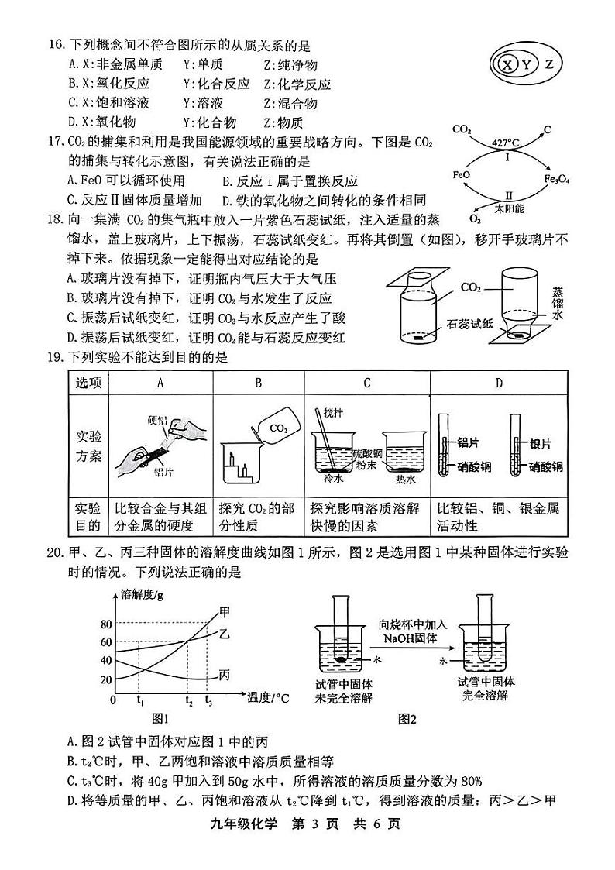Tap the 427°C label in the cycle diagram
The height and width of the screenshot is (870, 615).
coord(506,143)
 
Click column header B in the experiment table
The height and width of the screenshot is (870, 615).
coord(258,382)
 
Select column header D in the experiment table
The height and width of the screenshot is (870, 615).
coord(499,382)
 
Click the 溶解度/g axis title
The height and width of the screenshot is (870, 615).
coord(143,595)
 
